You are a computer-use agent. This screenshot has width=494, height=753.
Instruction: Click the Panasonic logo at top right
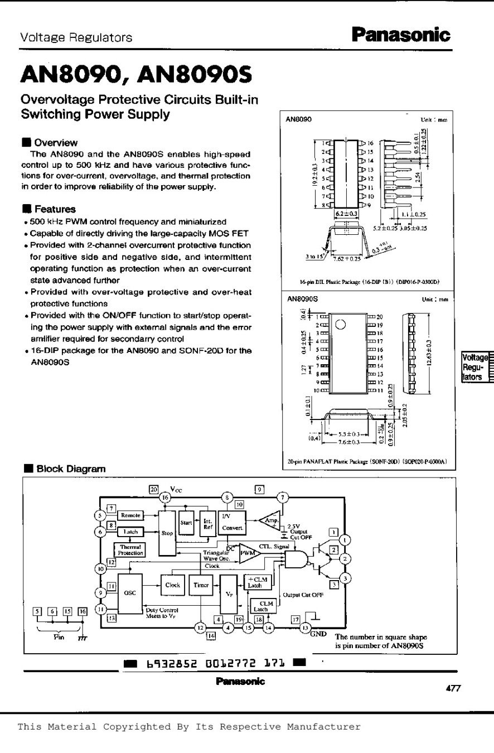point(400,36)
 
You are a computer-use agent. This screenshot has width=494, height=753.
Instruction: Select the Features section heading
point(54,209)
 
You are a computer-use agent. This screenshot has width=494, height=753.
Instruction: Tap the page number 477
point(452,688)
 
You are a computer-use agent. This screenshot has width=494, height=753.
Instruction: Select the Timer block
point(201,585)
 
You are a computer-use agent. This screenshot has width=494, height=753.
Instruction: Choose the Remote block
point(130,515)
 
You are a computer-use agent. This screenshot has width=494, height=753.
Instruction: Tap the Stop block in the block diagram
point(167,533)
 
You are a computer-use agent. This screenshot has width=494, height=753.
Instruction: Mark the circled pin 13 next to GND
point(305,628)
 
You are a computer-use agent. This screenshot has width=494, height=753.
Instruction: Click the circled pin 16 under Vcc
point(165,497)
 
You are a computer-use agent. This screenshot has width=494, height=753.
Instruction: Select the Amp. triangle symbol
point(270,520)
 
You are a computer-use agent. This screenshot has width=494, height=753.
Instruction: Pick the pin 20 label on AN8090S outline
point(381,316)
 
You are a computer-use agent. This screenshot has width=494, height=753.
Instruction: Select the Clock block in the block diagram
point(172,585)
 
